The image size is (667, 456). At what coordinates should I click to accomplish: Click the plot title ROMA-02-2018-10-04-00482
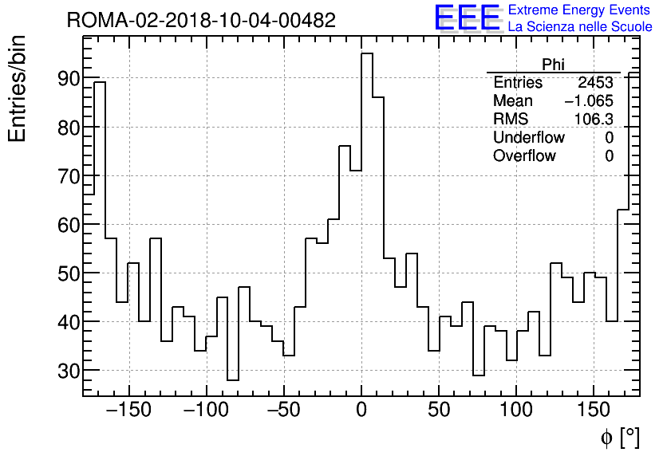pos(201,20)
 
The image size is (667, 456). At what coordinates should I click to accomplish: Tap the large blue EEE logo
pos(467,18)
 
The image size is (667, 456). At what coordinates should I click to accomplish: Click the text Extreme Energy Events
pos(579,10)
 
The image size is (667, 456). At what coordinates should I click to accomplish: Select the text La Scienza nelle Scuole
pos(580,27)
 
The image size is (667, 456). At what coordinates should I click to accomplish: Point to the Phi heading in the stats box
pos(553,65)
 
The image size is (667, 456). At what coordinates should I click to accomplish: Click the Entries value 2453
pos(596,83)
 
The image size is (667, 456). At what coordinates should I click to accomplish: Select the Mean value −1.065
pos(588,101)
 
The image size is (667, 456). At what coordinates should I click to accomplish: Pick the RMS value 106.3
pos(594,120)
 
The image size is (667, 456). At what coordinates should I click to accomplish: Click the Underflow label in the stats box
pos(528,138)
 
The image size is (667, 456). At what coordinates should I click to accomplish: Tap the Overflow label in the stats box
pos(524,156)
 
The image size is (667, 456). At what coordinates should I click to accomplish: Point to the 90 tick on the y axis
pos(68,79)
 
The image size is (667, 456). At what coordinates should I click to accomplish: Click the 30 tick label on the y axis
pos(68,371)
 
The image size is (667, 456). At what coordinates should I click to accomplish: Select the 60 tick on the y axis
pos(68,225)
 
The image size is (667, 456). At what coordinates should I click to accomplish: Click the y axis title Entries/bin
pos(18,89)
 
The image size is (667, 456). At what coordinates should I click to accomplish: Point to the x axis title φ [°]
pos(619,437)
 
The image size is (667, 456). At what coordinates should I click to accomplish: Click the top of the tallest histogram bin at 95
pos(367,54)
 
